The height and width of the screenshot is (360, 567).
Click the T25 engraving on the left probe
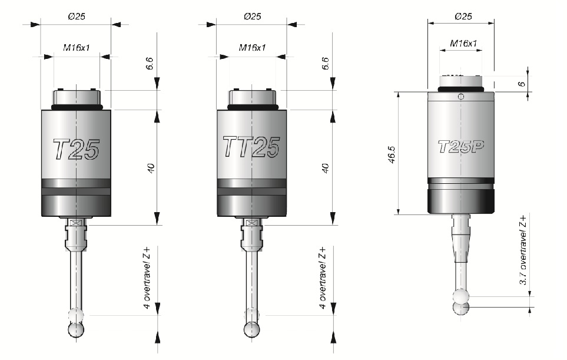[x=76, y=149]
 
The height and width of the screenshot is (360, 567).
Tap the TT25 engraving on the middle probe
[x=251, y=147]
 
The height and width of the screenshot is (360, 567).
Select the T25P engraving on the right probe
[x=461, y=147]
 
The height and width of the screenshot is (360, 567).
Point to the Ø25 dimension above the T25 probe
[x=77, y=16]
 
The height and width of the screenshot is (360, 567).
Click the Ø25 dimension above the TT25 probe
[x=252, y=16]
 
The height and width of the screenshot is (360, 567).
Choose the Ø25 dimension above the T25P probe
[x=463, y=16]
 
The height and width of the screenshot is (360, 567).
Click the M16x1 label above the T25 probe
[x=77, y=47]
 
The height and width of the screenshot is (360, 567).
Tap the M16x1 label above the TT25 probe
[x=252, y=47]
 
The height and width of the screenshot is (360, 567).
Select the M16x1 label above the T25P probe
[x=463, y=44]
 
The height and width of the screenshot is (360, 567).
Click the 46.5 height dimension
[x=392, y=154]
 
